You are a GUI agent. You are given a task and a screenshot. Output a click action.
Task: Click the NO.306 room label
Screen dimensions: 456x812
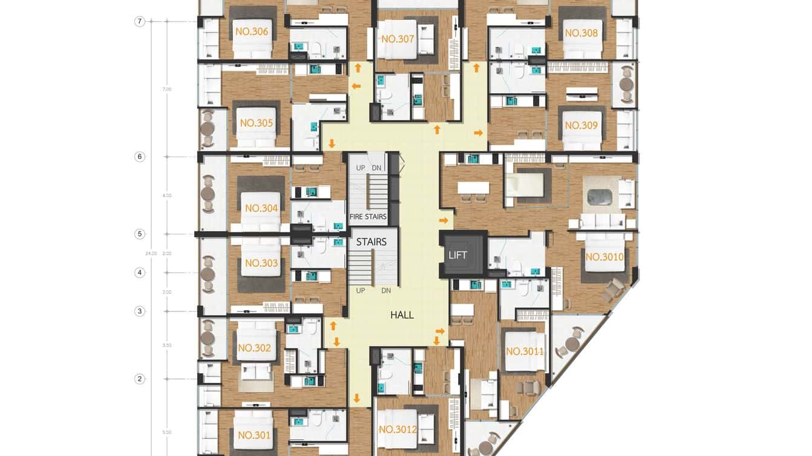[250, 33]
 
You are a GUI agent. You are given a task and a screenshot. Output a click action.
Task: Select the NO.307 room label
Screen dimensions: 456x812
[398, 39]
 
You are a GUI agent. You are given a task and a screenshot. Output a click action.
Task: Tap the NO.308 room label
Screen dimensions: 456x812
[581, 33]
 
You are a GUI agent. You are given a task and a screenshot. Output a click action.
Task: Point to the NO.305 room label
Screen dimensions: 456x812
[256, 123]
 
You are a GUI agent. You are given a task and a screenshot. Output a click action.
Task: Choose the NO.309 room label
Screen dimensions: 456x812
[581, 125]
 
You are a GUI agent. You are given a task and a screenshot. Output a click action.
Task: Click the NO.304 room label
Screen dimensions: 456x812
[261, 208]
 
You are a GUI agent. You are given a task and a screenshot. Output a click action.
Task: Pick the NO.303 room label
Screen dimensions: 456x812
[261, 263]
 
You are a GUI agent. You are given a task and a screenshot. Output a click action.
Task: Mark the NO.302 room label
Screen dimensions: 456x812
[254, 348]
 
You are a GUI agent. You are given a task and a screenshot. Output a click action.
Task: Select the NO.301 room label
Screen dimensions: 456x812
[254, 435]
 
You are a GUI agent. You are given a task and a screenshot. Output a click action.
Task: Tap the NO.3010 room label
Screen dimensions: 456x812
[604, 257]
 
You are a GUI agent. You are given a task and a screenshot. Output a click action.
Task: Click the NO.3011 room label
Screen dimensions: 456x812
[525, 351]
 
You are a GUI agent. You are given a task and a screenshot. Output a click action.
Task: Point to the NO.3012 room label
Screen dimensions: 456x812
[398, 430]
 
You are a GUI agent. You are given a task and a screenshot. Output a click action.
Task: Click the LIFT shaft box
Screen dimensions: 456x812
[458, 255]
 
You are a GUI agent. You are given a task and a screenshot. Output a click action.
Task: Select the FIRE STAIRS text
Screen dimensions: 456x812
[368, 217]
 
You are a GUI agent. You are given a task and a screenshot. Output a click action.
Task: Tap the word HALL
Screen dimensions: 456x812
[402, 315]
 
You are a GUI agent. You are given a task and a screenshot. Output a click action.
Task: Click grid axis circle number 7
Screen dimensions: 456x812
[140, 22]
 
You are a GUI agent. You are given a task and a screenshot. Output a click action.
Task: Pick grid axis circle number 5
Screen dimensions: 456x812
[140, 234]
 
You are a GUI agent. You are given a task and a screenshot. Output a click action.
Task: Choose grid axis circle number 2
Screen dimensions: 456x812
[140, 379]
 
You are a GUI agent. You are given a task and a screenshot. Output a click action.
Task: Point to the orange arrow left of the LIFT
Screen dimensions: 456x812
[444, 220]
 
